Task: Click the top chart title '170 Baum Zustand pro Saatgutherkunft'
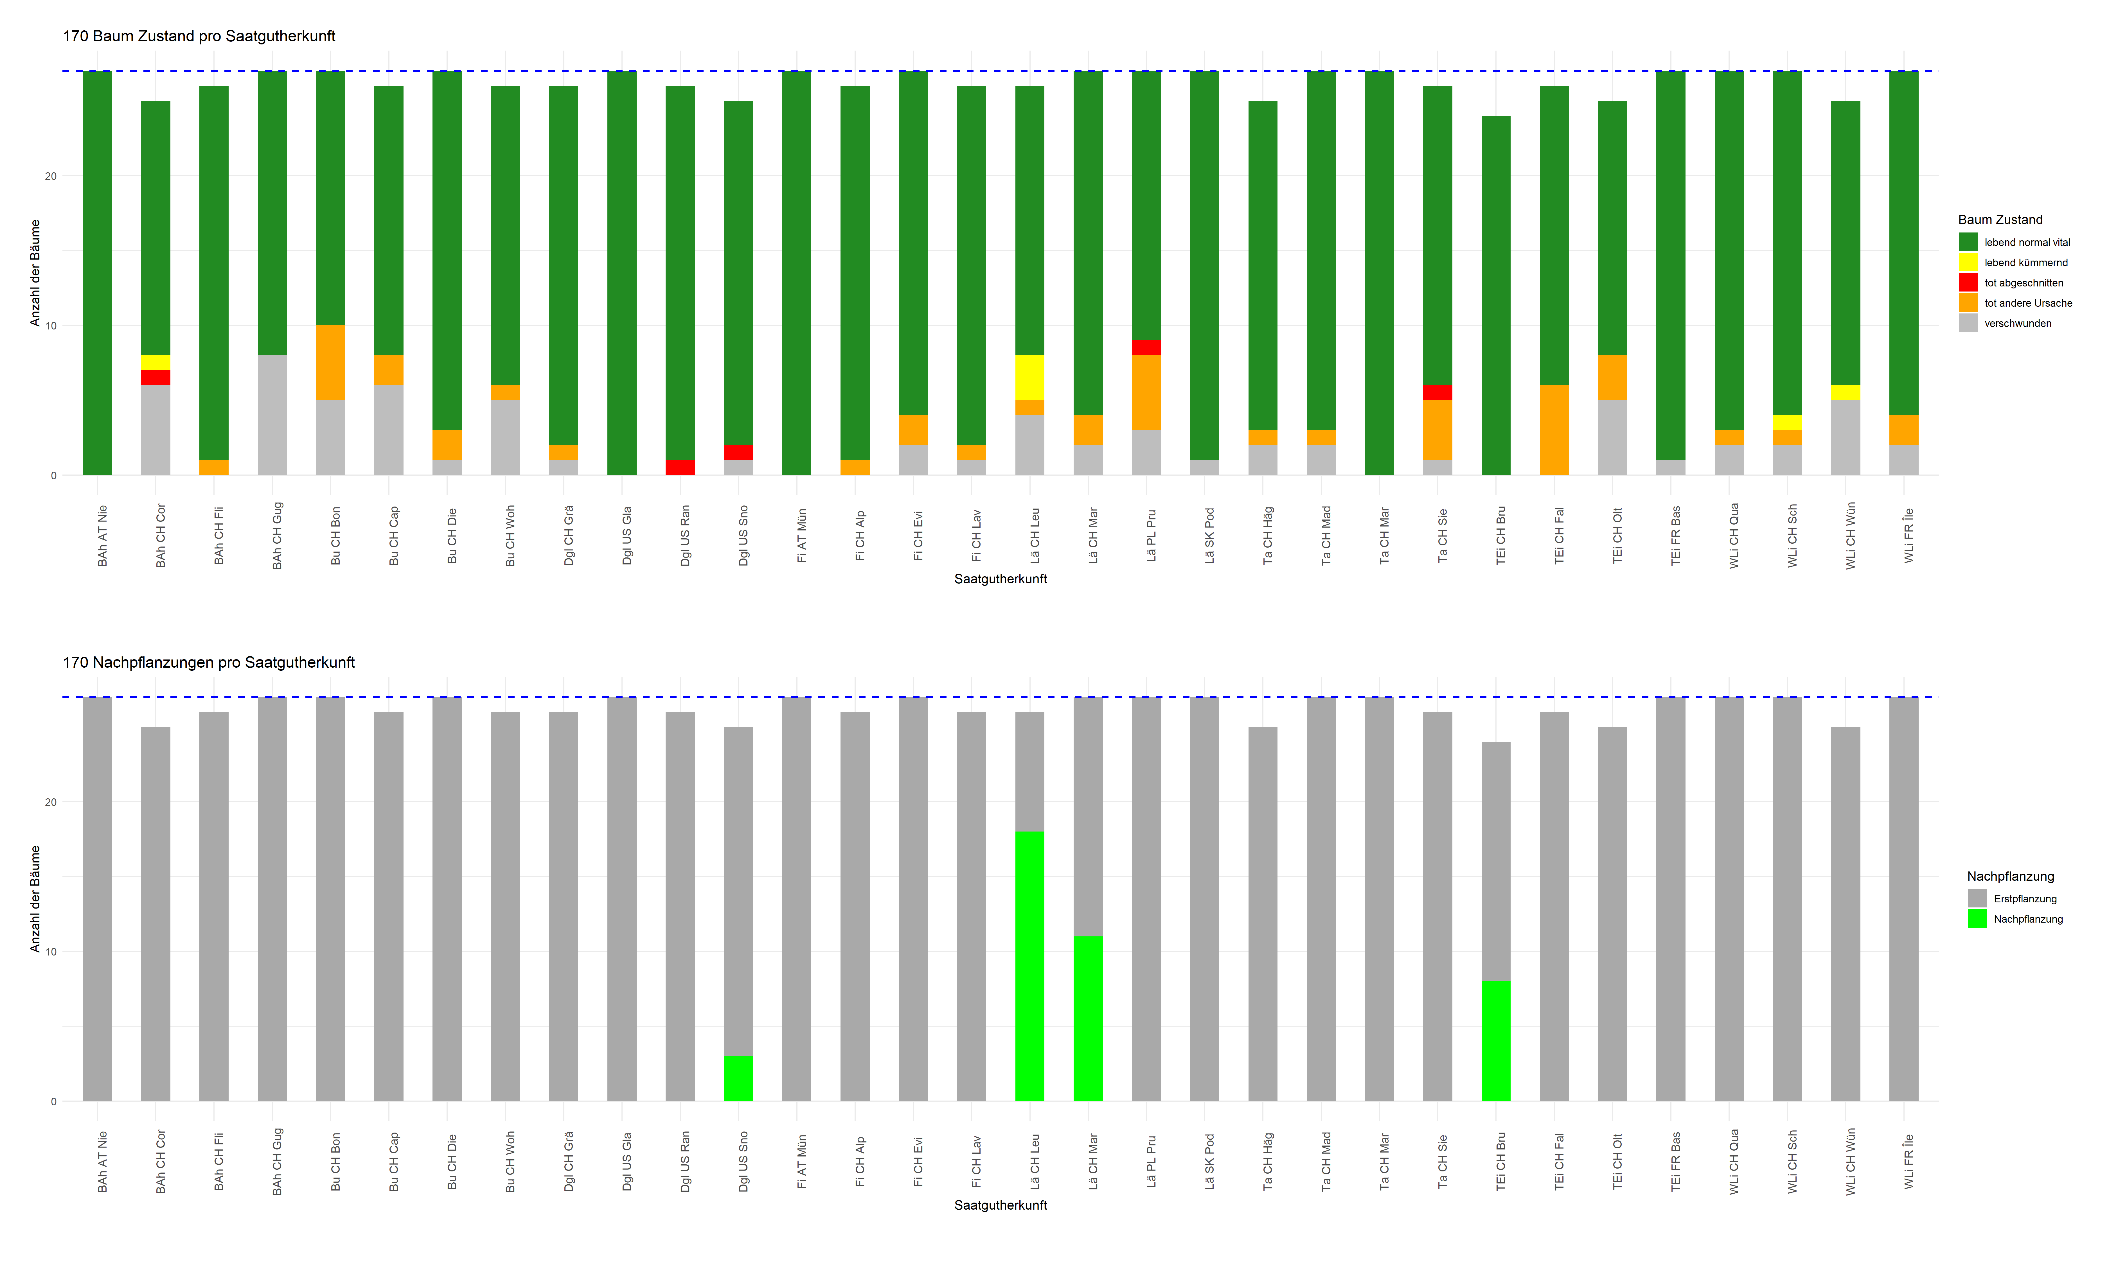(199, 36)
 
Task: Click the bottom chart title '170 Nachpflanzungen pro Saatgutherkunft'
(208, 662)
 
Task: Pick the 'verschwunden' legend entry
(2017, 323)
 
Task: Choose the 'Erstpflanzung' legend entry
(2025, 898)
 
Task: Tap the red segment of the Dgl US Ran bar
(679, 467)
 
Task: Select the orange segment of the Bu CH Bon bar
(330, 362)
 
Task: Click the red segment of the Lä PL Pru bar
(1146, 348)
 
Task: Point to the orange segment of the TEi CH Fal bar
(1553, 430)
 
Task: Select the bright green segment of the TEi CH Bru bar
(1495, 1041)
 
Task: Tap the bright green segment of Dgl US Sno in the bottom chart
(738, 1078)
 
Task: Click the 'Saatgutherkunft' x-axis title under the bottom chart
(1000, 1205)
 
